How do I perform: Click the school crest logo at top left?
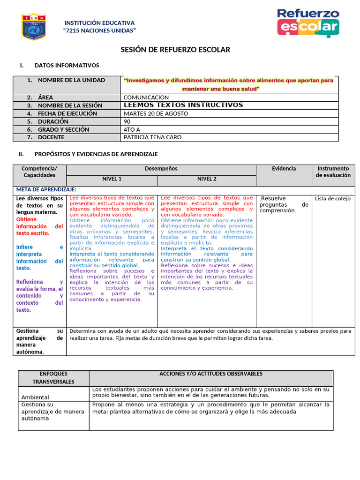coord(34,27)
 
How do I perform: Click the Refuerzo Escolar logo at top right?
coord(307,22)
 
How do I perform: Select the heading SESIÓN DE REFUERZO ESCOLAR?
coord(176,50)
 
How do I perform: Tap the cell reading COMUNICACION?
coord(146,97)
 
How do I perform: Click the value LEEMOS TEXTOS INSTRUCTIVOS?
coord(183,105)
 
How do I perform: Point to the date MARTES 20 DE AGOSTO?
coord(156,113)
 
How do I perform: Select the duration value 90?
coord(127,121)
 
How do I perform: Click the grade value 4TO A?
coord(131,129)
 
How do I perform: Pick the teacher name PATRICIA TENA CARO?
coord(152,137)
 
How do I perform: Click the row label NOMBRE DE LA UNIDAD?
coord(71,80)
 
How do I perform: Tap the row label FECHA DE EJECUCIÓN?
coord(67,113)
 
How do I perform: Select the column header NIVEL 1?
coord(112,179)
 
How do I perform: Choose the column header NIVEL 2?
coord(207,179)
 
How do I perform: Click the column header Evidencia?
coord(284,169)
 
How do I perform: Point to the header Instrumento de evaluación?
coord(333,172)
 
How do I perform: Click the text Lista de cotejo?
coord(333,199)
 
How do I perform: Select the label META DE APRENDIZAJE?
coord(46,189)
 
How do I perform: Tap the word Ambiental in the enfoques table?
coord(36,397)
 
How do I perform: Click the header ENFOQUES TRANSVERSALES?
coord(53,378)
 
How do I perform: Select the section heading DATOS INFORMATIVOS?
coord(67,66)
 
